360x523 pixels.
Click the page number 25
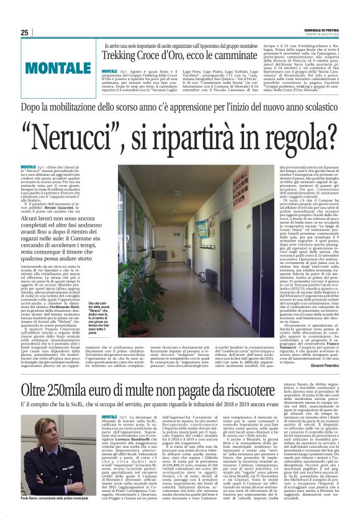click(24, 32)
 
